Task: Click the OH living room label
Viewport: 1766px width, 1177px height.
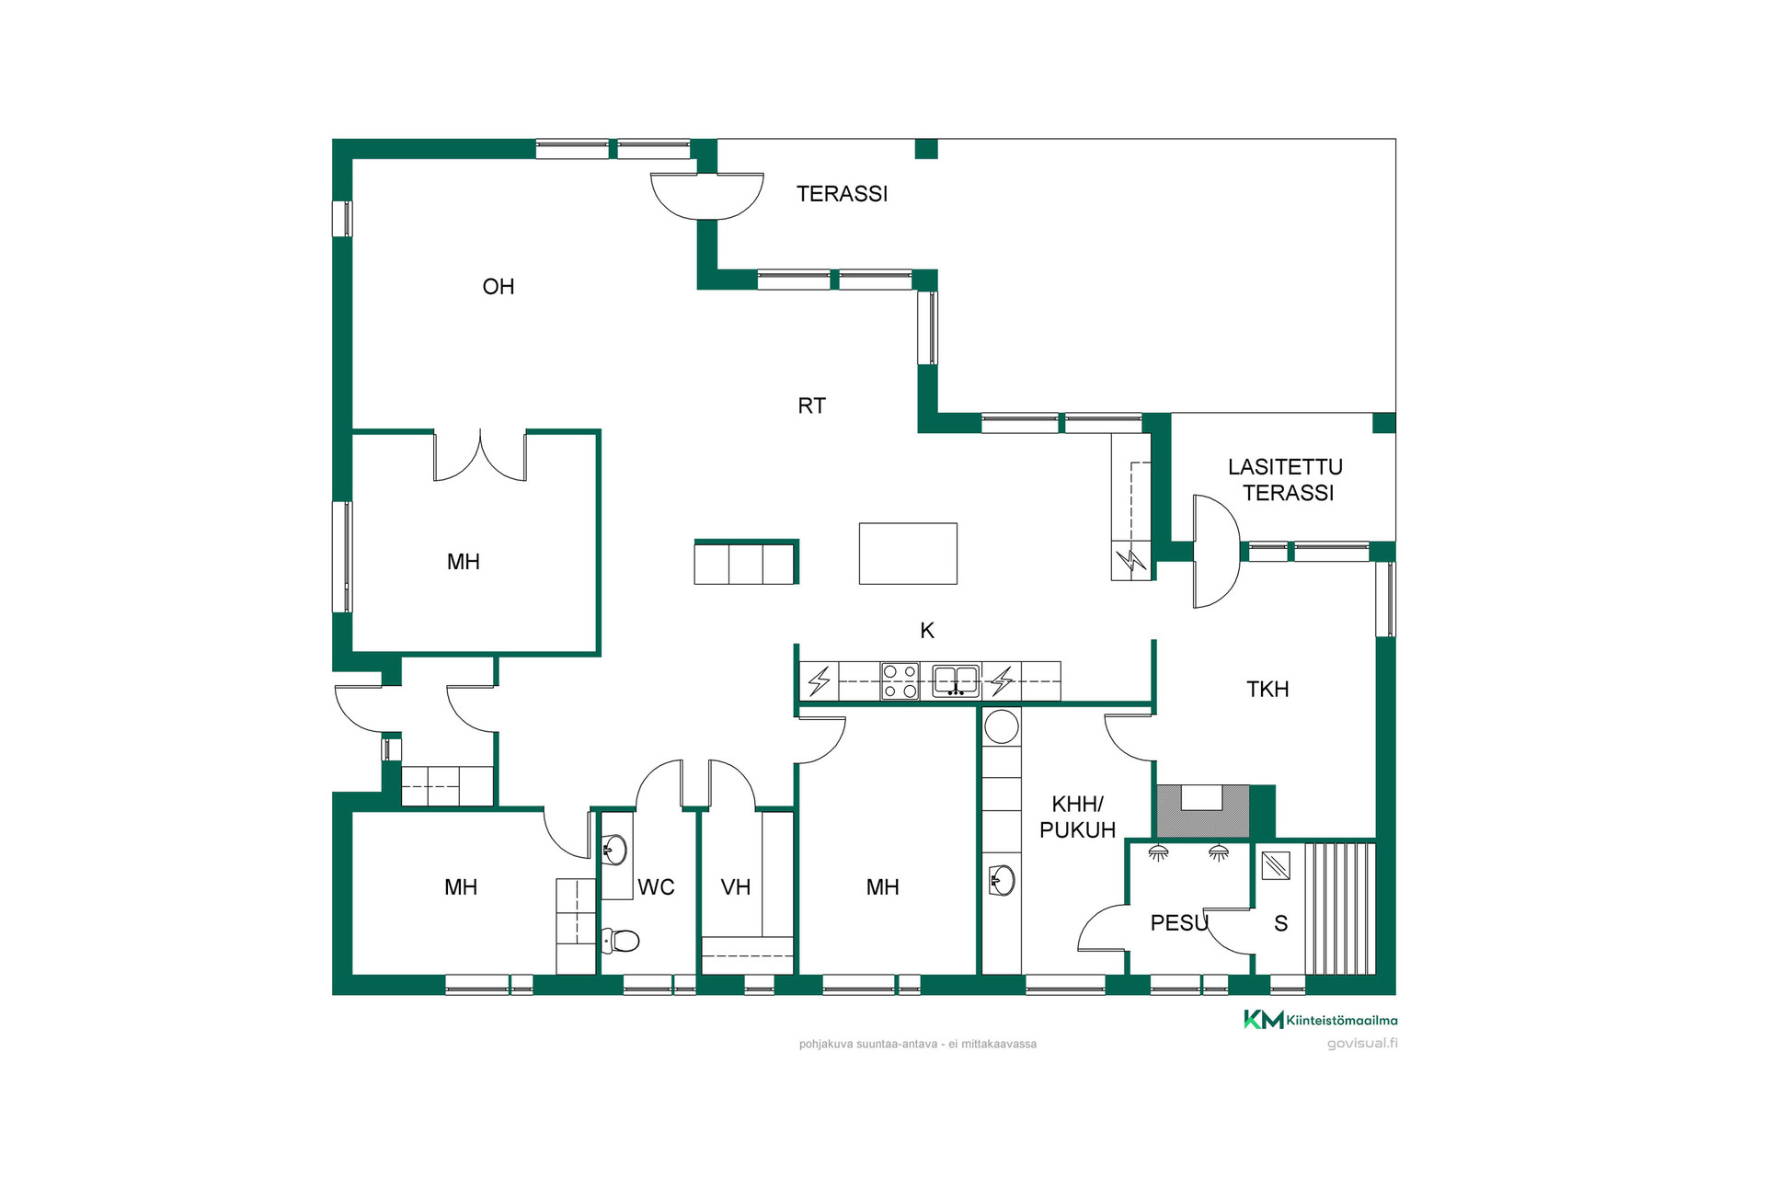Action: (498, 287)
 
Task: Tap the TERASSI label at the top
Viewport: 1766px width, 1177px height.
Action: (842, 194)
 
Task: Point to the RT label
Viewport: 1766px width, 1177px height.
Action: (811, 406)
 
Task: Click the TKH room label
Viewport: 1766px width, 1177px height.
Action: (1267, 690)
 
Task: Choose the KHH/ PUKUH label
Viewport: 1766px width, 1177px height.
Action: (1077, 817)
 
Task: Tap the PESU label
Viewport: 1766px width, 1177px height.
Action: (1178, 923)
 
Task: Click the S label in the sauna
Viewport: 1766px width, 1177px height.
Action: (1280, 924)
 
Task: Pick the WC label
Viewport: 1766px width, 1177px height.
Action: (656, 887)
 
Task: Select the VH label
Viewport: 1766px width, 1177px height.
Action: (735, 887)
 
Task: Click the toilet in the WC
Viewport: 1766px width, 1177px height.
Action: (621, 941)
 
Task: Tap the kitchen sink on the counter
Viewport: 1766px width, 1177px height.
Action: (956, 681)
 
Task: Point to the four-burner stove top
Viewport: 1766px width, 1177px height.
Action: (900, 681)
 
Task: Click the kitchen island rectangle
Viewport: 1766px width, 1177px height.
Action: (908, 554)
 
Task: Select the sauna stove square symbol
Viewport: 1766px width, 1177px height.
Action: (1276, 865)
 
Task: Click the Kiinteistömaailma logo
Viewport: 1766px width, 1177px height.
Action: (1320, 1020)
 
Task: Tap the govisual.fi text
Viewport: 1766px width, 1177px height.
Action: (1362, 1044)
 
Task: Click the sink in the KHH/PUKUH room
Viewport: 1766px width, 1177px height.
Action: (1001, 881)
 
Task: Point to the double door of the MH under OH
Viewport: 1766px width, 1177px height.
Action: (480, 455)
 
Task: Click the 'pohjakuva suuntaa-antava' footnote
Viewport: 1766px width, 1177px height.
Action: (868, 1045)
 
